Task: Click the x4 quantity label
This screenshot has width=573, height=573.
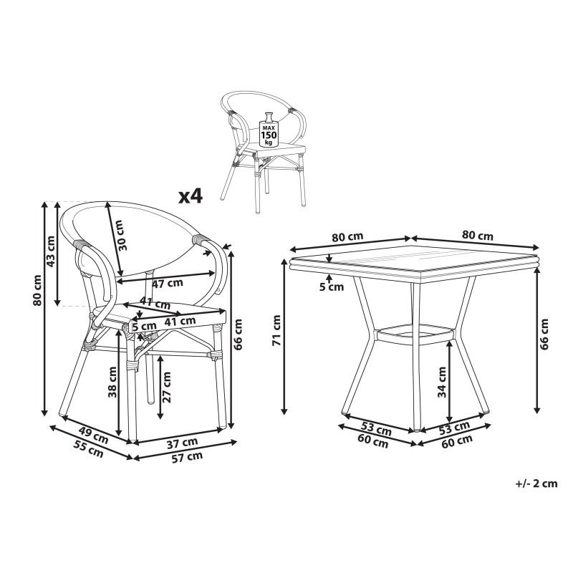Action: (190, 196)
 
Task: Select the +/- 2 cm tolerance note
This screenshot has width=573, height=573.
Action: (536, 483)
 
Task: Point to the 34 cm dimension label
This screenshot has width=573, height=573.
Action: (442, 382)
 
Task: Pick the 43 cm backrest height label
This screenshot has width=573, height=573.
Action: (51, 251)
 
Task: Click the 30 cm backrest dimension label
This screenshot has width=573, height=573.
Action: (122, 235)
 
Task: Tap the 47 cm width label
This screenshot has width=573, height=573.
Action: (168, 283)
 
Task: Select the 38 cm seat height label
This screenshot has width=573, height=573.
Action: (112, 382)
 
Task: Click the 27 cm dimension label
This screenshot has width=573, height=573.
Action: (166, 387)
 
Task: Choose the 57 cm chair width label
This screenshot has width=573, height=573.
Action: (187, 457)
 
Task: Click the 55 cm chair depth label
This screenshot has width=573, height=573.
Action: (89, 451)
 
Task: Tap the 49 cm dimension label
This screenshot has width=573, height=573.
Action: (94, 436)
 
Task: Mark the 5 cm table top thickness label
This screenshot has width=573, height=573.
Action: (332, 287)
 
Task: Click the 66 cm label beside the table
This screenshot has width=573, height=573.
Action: (544, 334)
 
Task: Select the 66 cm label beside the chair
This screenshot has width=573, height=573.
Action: (238, 334)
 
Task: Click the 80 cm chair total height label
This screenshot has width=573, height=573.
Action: (37, 290)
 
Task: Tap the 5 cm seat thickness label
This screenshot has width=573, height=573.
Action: (145, 326)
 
